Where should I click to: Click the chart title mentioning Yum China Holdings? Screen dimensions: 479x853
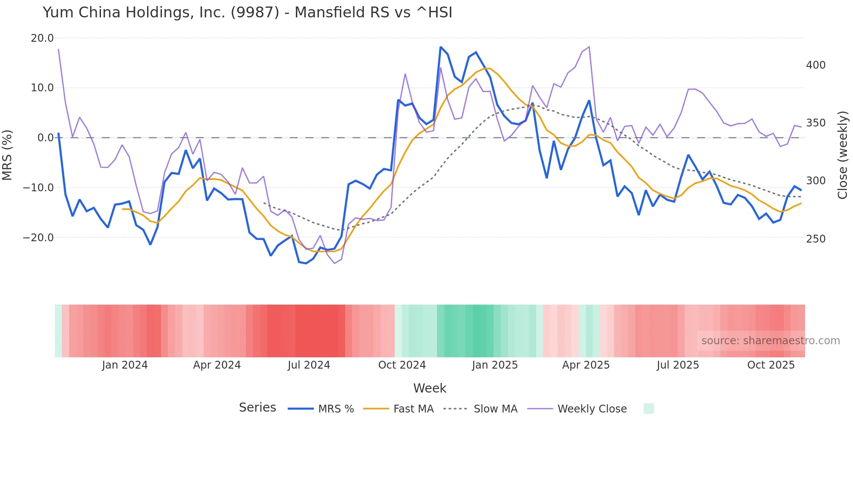click(247, 13)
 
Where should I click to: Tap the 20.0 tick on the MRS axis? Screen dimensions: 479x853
click(42, 38)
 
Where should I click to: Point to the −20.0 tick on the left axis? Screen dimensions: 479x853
click(38, 238)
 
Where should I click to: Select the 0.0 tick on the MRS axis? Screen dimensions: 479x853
click(45, 138)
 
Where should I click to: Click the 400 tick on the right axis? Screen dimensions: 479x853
click(816, 65)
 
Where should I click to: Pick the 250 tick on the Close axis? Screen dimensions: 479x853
click(816, 239)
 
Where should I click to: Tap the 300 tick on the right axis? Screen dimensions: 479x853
click(816, 181)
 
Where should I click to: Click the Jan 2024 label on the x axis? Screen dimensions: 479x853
click(125, 365)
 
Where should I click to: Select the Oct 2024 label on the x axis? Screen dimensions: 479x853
click(402, 365)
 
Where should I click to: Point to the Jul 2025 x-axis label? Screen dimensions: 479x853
click(678, 365)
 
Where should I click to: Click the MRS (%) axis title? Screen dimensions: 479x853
click(7, 155)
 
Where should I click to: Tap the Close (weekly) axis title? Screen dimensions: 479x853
click(843, 155)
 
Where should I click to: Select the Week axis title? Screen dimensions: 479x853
click(430, 388)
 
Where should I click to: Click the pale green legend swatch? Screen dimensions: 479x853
click(648, 409)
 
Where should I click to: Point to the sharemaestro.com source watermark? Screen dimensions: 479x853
click(770, 341)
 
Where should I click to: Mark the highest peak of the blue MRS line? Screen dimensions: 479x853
click(441, 47)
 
